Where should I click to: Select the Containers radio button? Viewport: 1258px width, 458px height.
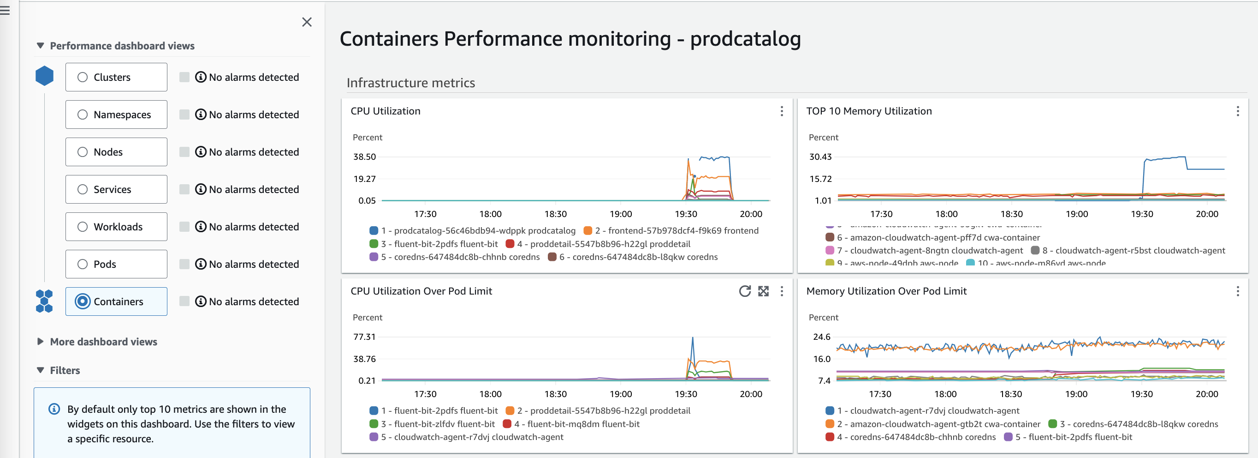point(83,301)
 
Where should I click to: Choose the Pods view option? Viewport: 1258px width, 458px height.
point(83,264)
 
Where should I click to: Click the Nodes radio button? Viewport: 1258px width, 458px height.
point(83,152)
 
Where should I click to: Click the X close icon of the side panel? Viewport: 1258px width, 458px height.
point(307,22)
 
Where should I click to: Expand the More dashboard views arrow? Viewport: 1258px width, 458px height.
point(41,342)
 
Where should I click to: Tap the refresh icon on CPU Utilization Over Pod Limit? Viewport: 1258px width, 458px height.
point(744,291)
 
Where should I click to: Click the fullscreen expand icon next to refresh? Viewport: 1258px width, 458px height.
point(763,291)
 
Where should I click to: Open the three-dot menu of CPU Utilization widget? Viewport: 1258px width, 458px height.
point(782,111)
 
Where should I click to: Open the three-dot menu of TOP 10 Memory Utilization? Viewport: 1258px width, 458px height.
point(1238,111)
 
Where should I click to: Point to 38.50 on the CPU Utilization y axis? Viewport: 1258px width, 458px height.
point(364,157)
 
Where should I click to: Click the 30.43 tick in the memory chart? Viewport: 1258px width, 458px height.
point(820,157)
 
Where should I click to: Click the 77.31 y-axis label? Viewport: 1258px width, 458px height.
point(364,337)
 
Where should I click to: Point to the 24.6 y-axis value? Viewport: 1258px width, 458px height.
point(821,337)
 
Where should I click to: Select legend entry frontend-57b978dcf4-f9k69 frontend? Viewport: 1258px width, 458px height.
point(676,231)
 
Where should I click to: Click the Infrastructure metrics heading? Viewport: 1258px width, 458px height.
point(410,83)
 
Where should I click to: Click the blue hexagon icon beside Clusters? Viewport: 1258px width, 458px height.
point(44,76)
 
